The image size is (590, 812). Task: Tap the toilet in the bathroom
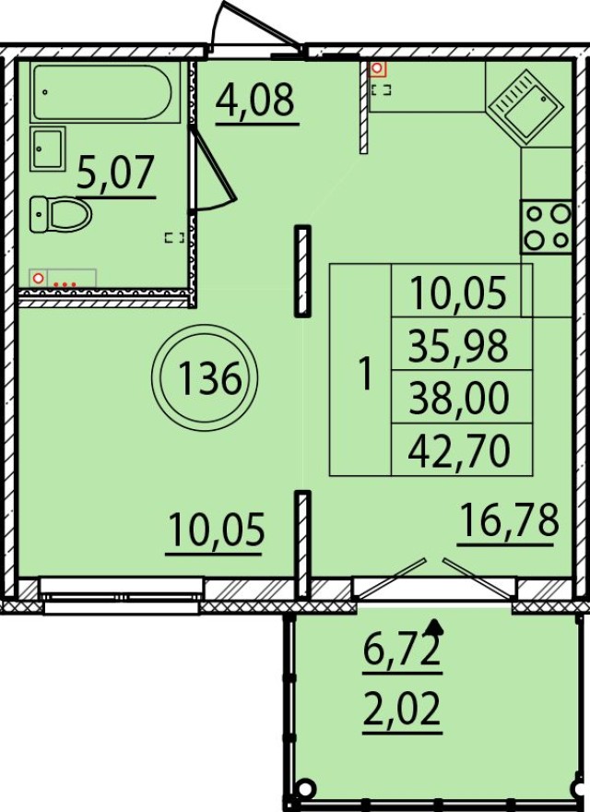[x=60, y=214]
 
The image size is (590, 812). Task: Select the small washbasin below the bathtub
[x=47, y=149]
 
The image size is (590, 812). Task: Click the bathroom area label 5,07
[x=114, y=173]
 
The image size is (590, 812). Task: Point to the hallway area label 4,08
[x=255, y=100]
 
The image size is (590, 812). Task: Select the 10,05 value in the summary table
[x=462, y=293]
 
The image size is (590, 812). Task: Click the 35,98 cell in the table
[x=462, y=346]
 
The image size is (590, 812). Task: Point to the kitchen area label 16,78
[x=509, y=521]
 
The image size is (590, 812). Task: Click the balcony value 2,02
[x=401, y=711]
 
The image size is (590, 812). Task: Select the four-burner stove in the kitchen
[x=545, y=226]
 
